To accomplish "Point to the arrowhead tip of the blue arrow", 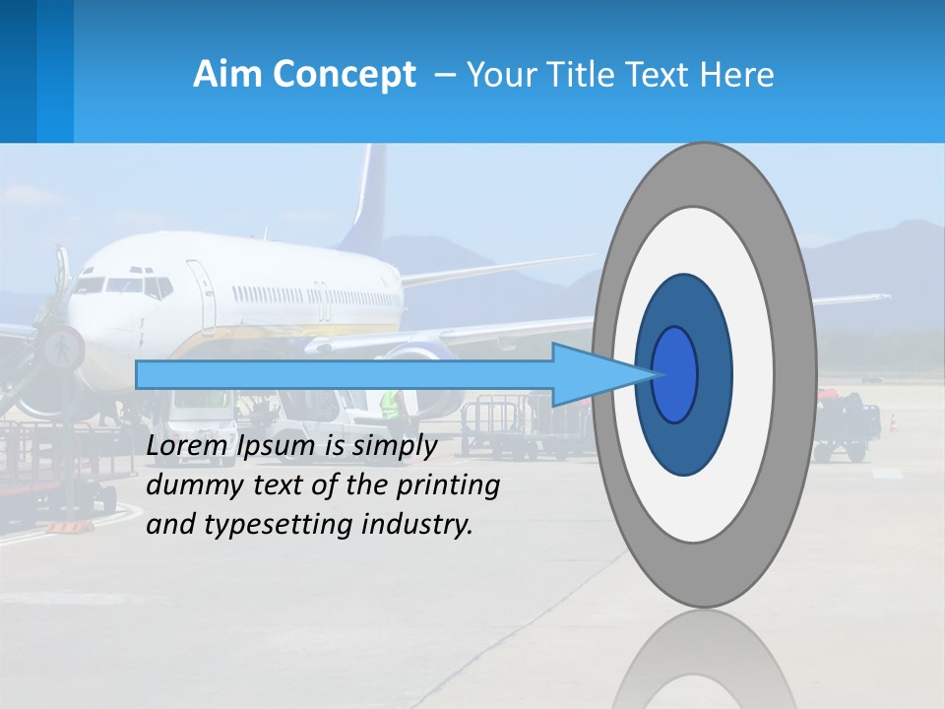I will [x=658, y=374].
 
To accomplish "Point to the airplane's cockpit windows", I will [x=123, y=286].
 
